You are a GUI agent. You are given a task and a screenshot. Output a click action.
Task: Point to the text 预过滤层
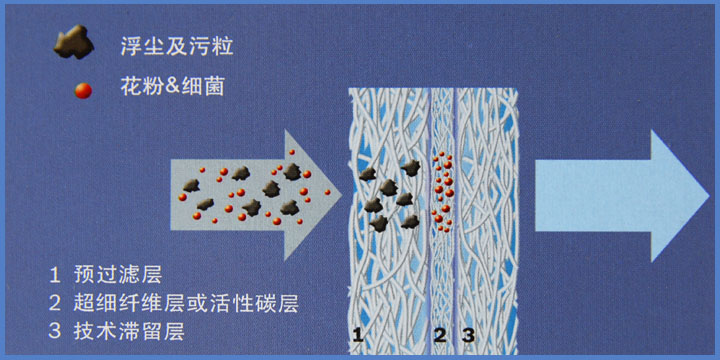pyautogui.click(x=118, y=273)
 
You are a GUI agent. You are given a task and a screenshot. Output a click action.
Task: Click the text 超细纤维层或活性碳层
pyautogui.click(x=186, y=301)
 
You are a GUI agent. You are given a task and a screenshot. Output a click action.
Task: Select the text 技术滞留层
pyautogui.click(x=130, y=330)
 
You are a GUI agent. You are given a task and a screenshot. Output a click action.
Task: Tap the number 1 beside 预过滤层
pyautogui.click(x=54, y=273)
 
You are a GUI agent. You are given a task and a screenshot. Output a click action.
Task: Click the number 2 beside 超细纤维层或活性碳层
pyautogui.click(x=54, y=301)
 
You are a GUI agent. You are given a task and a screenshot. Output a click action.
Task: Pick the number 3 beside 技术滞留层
pyautogui.click(x=54, y=330)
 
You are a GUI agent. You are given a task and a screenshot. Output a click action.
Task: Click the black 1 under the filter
pyautogui.click(x=358, y=334)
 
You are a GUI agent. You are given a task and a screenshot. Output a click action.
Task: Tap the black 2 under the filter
pyautogui.click(x=440, y=334)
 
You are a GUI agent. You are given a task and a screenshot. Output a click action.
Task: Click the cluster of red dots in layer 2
pyautogui.click(x=443, y=187)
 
